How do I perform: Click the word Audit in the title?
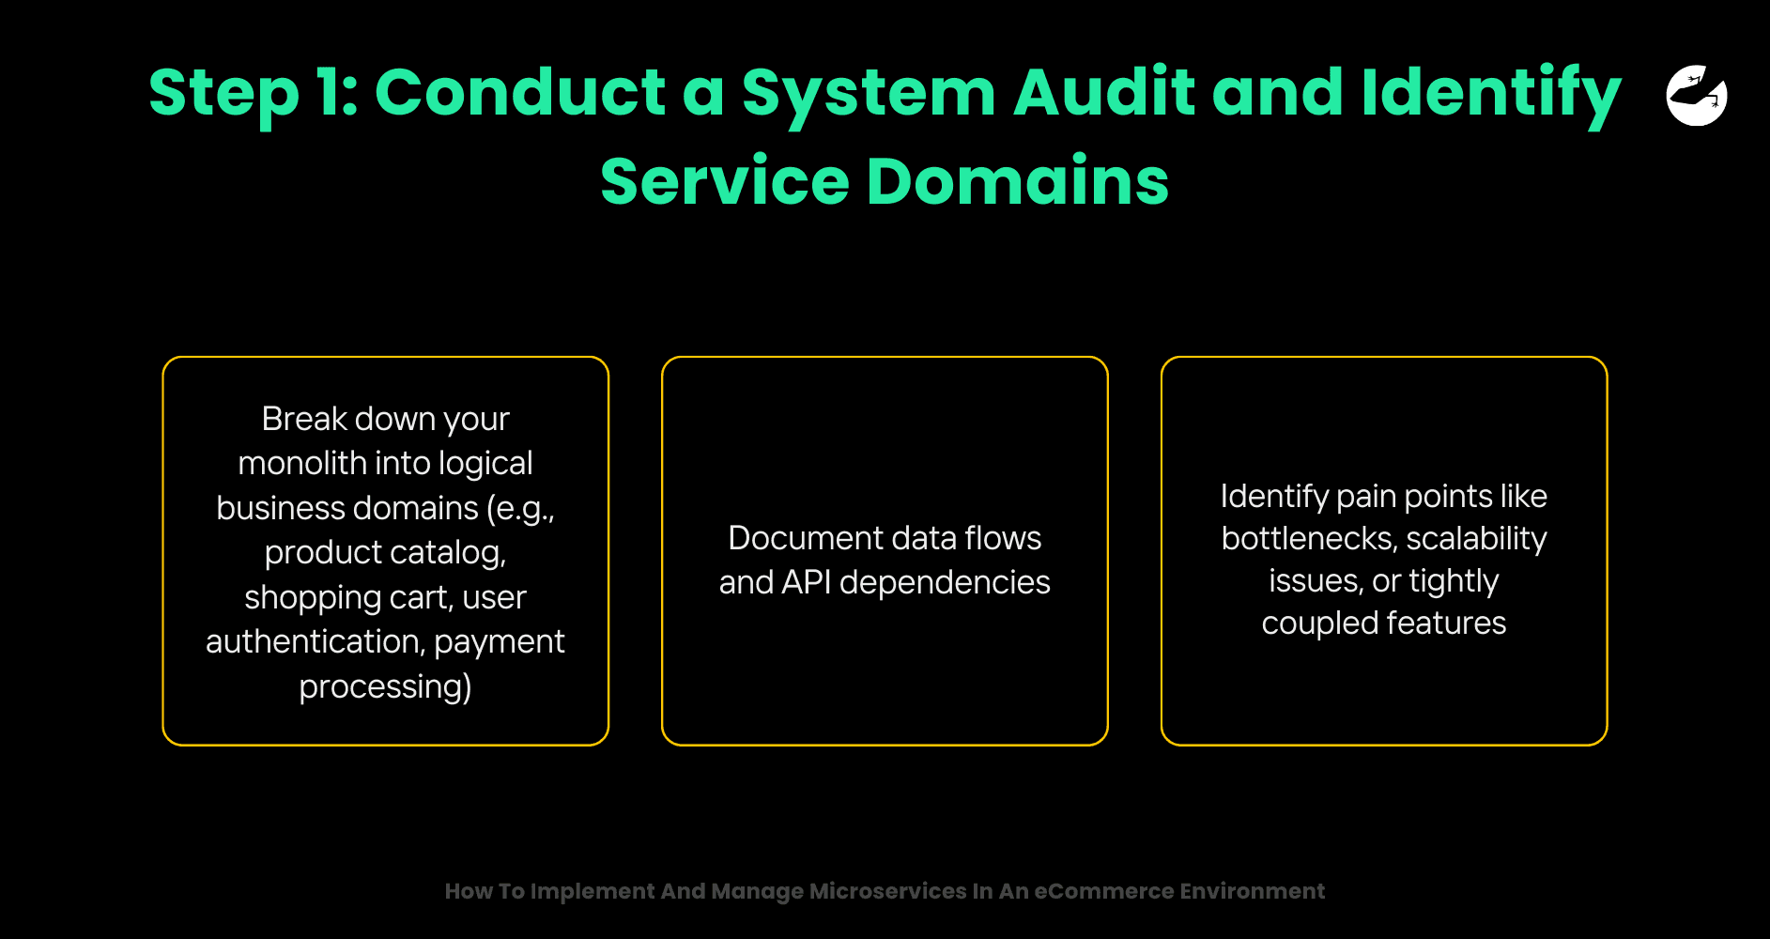[x=1103, y=93]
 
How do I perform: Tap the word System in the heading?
[x=869, y=93]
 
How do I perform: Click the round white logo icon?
[x=1697, y=95]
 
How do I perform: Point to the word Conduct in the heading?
[x=520, y=93]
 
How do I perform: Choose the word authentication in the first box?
[x=314, y=641]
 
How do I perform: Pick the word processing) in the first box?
[x=385, y=686]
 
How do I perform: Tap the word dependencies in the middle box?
[x=945, y=582]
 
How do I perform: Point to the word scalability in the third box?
[x=1476, y=538]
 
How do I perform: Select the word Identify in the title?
[x=1491, y=93]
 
